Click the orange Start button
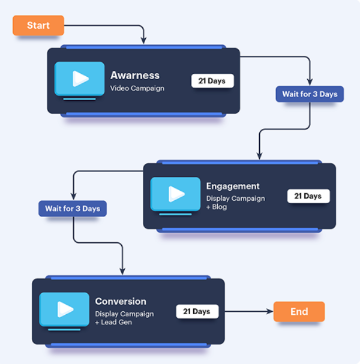pyautogui.click(x=38, y=26)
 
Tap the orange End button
pyautogui.click(x=299, y=312)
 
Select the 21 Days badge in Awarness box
pyautogui.click(x=212, y=81)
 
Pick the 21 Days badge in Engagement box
pyautogui.click(x=308, y=196)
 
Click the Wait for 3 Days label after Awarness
pyautogui.click(x=310, y=94)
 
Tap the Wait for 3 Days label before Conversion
pyautogui.click(x=73, y=209)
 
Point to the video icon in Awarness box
pyautogui.click(x=79, y=79)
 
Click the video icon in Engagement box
pyautogui.click(x=175, y=194)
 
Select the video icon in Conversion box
pyautogui.click(x=64, y=309)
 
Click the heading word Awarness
pyautogui.click(x=135, y=76)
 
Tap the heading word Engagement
pyautogui.click(x=233, y=186)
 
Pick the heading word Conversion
pyautogui.click(x=121, y=301)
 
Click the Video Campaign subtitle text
pyautogui.click(x=137, y=88)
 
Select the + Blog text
pyautogui.click(x=217, y=207)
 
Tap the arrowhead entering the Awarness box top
pyautogui.click(x=144, y=40)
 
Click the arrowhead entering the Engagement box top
pyautogui.click(x=259, y=156)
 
